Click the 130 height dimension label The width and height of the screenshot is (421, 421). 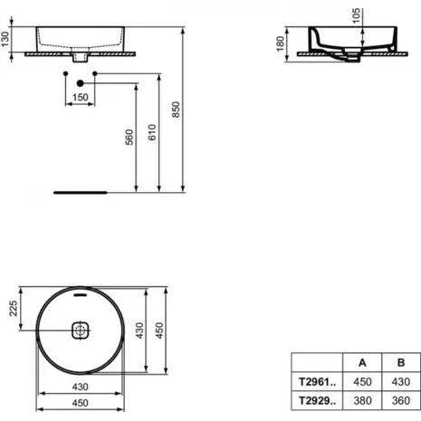pyautogui.click(x=5, y=39)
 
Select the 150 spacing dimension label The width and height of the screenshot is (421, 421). pyautogui.click(x=81, y=98)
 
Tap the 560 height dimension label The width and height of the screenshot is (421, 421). pyautogui.click(x=129, y=137)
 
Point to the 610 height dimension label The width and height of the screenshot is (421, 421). pyautogui.click(x=152, y=132)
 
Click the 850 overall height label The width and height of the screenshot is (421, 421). pyautogui.click(x=176, y=110)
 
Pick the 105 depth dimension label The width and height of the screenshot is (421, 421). pyautogui.click(x=356, y=15)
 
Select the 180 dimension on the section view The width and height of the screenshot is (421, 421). pyautogui.click(x=280, y=43)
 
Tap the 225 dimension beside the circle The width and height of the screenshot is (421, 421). pyautogui.click(x=14, y=308)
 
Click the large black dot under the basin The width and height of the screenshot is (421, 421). pyautogui.click(x=80, y=83)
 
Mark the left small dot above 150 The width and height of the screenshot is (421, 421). pyautogui.click(x=66, y=73)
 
